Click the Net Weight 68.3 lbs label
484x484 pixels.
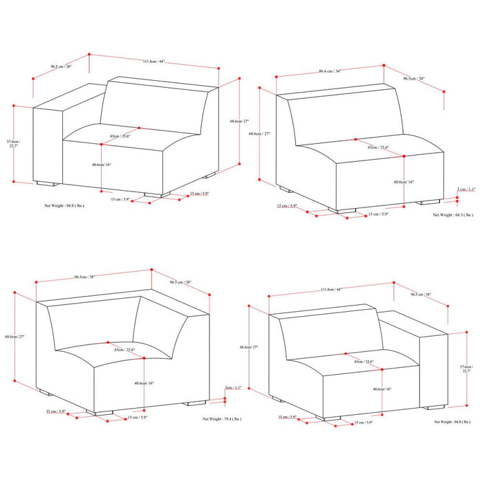[453, 215]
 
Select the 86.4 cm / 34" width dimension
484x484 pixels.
[330, 71]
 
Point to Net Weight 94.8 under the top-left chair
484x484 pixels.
[64, 205]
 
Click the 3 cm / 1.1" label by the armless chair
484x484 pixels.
[467, 189]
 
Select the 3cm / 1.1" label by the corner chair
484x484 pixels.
[233, 388]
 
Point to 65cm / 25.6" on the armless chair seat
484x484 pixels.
[378, 147]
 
